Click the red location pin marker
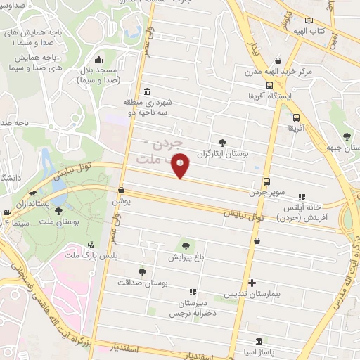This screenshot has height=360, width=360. (181, 165)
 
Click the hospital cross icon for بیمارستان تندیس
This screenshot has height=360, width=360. (252, 282)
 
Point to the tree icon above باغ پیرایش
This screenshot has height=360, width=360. (186, 246)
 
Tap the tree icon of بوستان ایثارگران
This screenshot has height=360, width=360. (223, 143)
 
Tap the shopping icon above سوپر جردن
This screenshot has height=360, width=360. (266, 182)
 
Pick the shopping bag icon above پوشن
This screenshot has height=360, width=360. (121, 190)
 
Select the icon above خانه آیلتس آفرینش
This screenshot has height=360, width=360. (302, 198)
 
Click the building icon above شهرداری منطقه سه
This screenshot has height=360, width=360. (146, 91)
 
